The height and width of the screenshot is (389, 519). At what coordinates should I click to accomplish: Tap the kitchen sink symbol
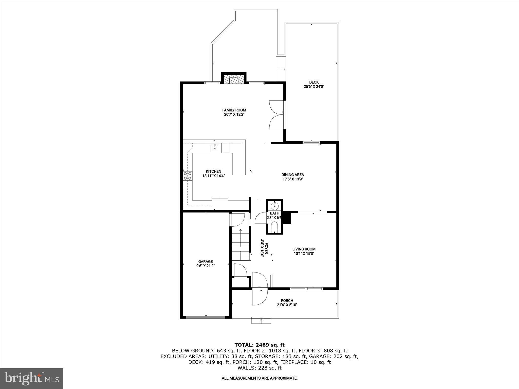point(215,148)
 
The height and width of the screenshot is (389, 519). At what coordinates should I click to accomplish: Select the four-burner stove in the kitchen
point(188,176)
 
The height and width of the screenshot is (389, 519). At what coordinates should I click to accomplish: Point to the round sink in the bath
point(275,205)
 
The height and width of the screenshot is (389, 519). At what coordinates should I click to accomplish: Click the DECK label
point(314,82)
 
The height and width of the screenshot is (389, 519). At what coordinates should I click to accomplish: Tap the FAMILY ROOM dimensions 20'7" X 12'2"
point(234,114)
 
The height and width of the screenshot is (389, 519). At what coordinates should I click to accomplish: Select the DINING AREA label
point(292,174)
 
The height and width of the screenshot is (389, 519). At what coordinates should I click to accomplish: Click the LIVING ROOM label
point(304,249)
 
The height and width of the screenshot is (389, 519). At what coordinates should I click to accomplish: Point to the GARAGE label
point(205,261)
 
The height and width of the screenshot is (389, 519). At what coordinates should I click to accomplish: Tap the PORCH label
point(287,301)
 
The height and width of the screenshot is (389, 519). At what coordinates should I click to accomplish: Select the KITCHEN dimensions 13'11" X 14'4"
point(213,176)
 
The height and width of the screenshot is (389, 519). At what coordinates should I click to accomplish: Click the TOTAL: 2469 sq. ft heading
point(259,345)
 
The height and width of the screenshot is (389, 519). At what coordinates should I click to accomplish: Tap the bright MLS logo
point(32,378)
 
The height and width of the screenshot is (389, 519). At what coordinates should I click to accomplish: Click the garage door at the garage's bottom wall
point(206,317)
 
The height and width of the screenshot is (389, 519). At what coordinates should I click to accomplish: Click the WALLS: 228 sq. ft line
point(259,368)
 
